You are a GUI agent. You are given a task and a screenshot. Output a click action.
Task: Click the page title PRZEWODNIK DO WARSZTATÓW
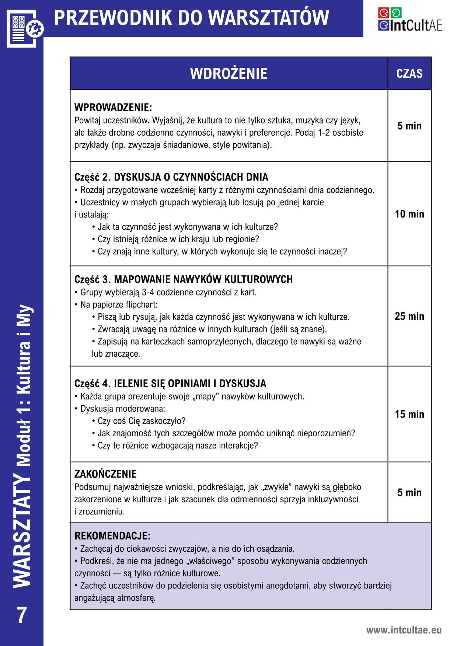192,18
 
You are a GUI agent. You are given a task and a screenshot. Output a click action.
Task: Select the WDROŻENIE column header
228,73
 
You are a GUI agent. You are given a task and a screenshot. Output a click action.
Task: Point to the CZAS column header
409,73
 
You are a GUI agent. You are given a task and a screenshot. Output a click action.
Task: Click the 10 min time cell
409,214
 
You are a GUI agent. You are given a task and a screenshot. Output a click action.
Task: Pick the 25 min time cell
409,316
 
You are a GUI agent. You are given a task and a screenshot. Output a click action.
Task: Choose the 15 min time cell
409,414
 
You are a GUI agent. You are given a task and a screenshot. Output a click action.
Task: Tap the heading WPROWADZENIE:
113,108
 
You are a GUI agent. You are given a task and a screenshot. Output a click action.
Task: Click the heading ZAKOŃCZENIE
105,474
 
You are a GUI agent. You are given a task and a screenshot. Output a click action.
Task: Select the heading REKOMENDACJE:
112,535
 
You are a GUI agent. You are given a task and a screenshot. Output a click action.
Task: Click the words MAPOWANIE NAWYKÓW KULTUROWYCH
203,279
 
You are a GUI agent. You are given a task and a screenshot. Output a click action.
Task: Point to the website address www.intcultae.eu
404,630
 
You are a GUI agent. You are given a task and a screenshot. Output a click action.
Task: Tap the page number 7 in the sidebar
22,615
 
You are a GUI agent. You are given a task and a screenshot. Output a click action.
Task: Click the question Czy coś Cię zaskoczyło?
142,421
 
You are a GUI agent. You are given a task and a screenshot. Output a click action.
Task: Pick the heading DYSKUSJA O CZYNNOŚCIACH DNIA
191,177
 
